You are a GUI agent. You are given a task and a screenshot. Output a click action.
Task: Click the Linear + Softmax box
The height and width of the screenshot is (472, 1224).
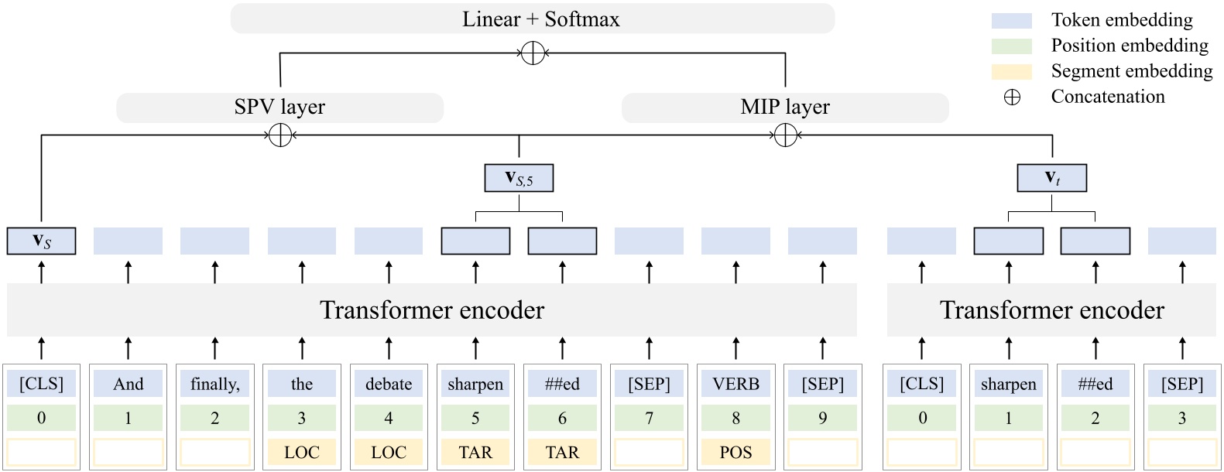click(x=532, y=19)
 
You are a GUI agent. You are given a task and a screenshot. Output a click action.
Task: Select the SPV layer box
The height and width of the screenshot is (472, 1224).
click(x=279, y=108)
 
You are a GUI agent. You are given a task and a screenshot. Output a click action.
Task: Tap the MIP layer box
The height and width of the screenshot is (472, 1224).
click(x=785, y=108)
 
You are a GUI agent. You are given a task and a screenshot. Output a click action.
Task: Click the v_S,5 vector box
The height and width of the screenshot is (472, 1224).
click(x=519, y=178)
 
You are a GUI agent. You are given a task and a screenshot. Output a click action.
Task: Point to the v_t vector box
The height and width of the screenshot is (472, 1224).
click(x=1051, y=178)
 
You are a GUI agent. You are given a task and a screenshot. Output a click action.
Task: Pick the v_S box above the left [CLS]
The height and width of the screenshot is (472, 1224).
click(x=41, y=241)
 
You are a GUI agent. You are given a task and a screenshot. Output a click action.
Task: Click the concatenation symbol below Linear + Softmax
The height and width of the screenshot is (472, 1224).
click(x=533, y=53)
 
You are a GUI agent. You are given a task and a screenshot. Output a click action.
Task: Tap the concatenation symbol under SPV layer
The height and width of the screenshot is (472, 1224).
click(x=279, y=135)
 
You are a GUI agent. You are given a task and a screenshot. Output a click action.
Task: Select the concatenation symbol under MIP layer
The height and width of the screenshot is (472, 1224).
click(x=785, y=135)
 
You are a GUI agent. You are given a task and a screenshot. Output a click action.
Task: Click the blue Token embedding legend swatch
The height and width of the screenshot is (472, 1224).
click(x=1011, y=21)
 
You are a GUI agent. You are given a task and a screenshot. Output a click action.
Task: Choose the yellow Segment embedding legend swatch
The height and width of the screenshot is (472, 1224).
click(x=1011, y=72)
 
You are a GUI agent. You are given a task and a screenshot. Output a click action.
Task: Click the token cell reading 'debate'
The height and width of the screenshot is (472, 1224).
click(x=389, y=384)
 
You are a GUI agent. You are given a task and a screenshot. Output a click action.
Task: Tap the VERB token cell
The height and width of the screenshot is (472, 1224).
click(x=735, y=384)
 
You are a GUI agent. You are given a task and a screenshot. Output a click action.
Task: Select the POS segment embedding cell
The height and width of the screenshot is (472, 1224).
click(x=735, y=452)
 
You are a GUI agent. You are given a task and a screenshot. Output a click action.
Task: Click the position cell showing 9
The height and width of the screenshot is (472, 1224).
click(x=822, y=418)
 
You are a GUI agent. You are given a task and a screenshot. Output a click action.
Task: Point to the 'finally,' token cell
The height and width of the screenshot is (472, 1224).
click(x=214, y=384)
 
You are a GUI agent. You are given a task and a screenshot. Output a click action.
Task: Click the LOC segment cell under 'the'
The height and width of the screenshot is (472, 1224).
click(x=302, y=452)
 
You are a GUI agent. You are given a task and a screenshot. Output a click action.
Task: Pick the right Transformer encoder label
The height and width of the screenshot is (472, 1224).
click(x=1051, y=310)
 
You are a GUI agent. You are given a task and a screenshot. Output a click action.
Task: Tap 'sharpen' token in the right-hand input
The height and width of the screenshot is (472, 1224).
click(x=1008, y=384)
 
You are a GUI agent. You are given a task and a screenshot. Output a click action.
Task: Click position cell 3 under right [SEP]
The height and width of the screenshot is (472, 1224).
click(x=1181, y=418)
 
